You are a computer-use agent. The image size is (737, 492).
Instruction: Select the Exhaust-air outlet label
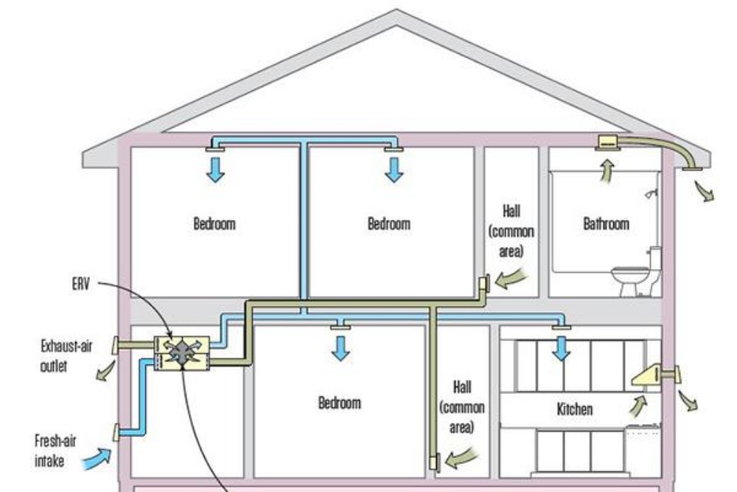click(66, 355)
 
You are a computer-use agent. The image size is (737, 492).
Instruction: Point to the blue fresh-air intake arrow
click(97, 459)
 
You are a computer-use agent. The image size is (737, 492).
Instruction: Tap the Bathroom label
click(607, 223)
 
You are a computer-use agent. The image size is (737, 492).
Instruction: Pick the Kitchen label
click(575, 407)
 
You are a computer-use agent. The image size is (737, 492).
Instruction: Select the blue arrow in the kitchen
click(562, 347)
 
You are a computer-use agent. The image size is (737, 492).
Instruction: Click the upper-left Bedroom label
click(214, 223)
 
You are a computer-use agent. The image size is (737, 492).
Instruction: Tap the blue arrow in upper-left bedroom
click(215, 169)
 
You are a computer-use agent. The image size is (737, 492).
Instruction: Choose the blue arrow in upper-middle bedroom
click(394, 169)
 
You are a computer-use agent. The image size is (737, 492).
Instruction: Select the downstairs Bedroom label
click(340, 403)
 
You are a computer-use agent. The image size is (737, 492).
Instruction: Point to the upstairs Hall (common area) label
click(511, 232)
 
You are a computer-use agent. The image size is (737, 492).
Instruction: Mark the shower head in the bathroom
click(649, 195)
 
